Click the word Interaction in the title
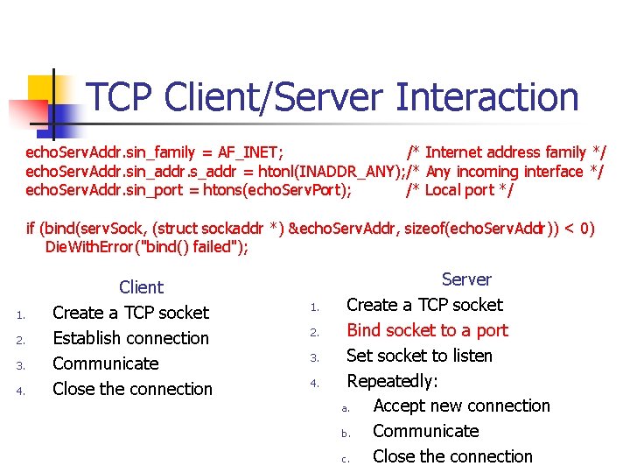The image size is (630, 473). click(487, 97)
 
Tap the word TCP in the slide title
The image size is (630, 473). click(122, 97)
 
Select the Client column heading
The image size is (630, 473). click(141, 287)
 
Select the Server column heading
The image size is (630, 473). click(466, 279)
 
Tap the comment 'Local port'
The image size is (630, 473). click(460, 190)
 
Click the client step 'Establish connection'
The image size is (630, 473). click(131, 338)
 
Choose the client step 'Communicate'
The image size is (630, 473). click(106, 364)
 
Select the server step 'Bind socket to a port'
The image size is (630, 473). click(427, 330)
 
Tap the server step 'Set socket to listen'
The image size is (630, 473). click(419, 356)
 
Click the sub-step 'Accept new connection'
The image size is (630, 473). click(461, 406)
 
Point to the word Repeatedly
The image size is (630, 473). click(392, 381)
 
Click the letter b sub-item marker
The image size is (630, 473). click(345, 433)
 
